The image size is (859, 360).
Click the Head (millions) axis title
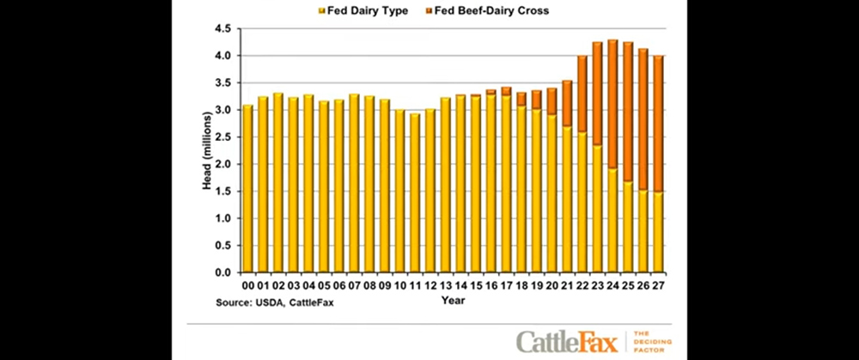(x=207, y=150)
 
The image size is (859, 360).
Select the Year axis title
(x=453, y=301)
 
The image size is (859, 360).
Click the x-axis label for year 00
(x=247, y=285)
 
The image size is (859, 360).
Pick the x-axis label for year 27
(x=659, y=285)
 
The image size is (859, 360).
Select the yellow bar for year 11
(x=415, y=193)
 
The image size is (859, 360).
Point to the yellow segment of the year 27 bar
(x=659, y=232)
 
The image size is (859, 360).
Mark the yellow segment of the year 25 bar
(x=628, y=227)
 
